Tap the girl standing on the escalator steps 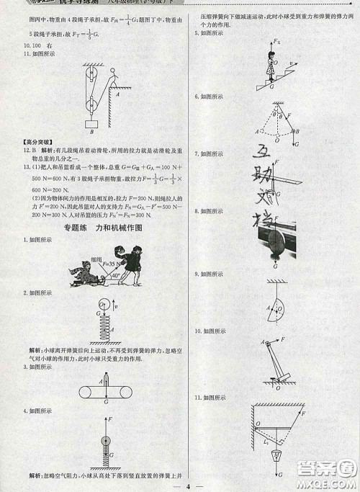click(x=272, y=70)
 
